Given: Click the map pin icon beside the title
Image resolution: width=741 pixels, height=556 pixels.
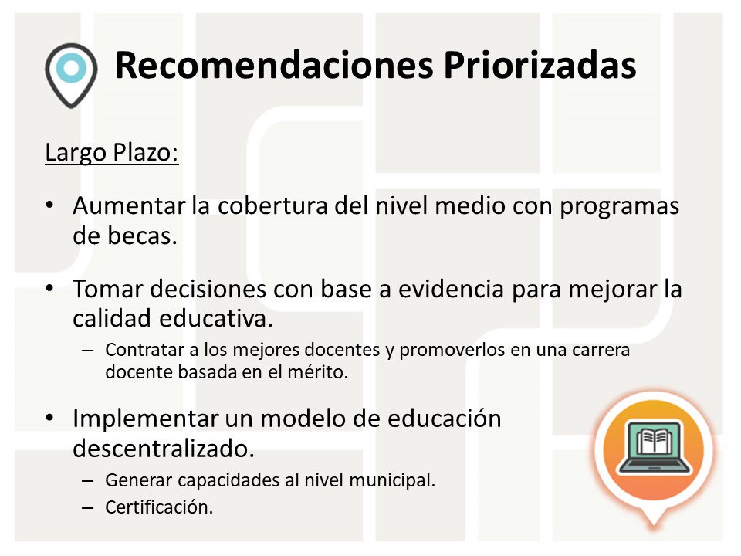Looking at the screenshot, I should [x=70, y=74].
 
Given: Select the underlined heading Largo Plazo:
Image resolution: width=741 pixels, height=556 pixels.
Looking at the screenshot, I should [x=112, y=152].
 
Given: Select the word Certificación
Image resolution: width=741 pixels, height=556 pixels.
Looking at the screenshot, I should [x=158, y=507].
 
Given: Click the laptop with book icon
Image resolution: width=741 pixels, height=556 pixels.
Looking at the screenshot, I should [x=655, y=448].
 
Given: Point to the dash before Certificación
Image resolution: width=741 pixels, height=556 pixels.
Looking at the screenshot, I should [x=89, y=507].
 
